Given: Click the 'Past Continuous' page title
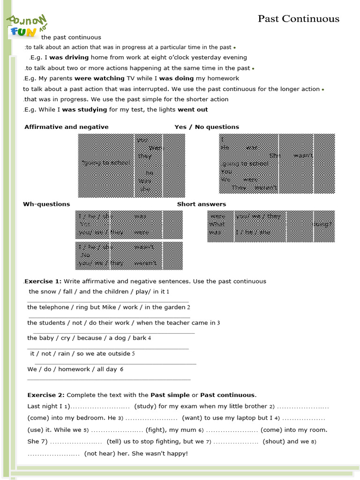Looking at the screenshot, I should tap(299, 19).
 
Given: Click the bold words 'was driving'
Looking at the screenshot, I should tap(69, 58).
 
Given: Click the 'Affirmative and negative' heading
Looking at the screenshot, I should tap(66, 127).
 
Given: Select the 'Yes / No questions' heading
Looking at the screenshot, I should tap(207, 127).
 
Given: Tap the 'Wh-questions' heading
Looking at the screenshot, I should tap(46, 204).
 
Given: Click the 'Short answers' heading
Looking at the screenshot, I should tap(201, 204).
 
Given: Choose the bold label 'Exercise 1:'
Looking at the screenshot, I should tap(43, 281).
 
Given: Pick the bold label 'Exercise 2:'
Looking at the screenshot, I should tap(46, 395).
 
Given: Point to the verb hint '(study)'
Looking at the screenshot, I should tap(145, 406).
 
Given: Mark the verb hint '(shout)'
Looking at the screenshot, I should tap(274, 441).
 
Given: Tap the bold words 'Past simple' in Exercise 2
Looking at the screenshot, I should tap(170, 395).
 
